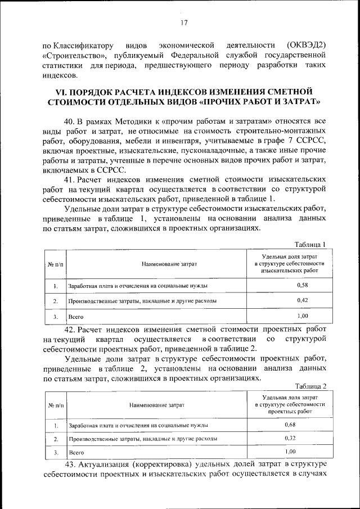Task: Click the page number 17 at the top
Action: point(184,22)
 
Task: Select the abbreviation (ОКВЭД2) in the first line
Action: point(307,45)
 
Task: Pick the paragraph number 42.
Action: point(71,330)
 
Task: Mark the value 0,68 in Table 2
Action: point(289,425)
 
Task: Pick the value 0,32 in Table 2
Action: point(289,438)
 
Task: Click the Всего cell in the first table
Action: point(75,316)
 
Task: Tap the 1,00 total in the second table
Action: point(289,451)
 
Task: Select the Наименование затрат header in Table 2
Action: point(157,404)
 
